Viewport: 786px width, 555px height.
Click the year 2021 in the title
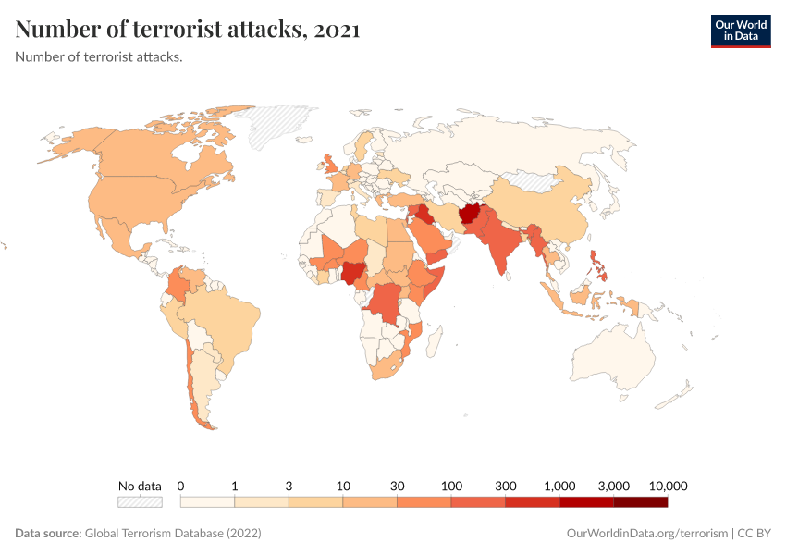point(337,30)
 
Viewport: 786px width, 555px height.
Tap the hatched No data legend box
point(140,501)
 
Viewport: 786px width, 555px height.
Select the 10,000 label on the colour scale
point(668,486)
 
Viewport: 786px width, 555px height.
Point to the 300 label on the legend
point(506,486)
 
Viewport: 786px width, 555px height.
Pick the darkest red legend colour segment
point(640,501)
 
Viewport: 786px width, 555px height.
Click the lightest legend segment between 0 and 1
point(207,501)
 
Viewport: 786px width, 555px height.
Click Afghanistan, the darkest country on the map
point(472,215)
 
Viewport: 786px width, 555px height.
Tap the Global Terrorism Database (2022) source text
point(172,534)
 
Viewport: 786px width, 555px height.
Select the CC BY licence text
point(755,534)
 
